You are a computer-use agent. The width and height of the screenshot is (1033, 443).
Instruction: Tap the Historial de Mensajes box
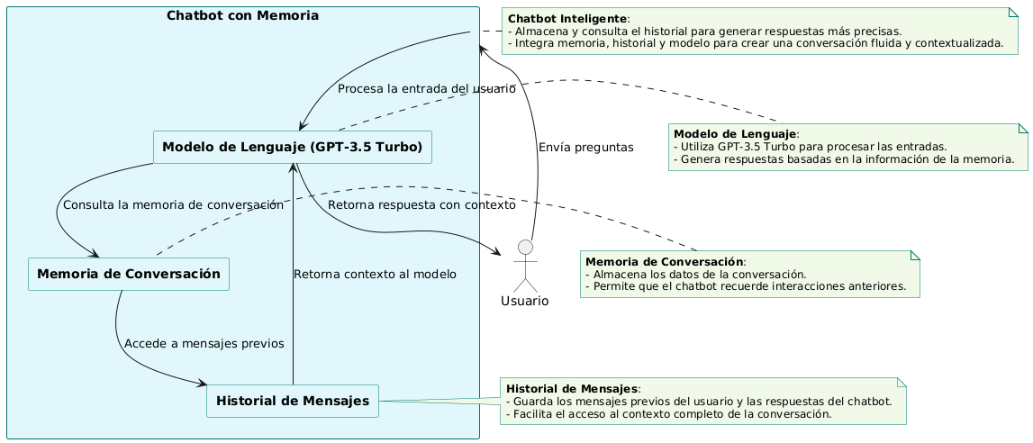point(293,401)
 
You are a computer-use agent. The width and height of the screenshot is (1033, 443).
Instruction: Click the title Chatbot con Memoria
point(242,16)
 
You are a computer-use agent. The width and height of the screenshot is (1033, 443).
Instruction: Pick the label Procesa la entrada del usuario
point(426,89)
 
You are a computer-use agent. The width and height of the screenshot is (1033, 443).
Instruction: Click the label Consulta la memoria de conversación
point(173,204)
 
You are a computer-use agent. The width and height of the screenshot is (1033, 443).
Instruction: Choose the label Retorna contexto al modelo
point(375,274)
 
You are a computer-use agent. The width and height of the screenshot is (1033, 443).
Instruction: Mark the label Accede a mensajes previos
point(204,343)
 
